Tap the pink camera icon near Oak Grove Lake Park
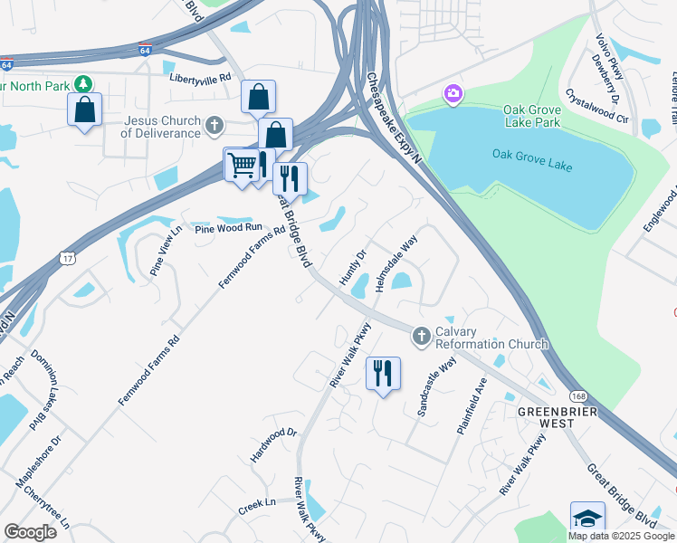[452, 93]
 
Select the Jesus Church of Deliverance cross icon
[215, 125]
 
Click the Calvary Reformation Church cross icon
[421, 337]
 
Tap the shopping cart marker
[241, 165]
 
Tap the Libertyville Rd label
[201, 79]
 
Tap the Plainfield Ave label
[472, 406]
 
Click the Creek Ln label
[258, 503]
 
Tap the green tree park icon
[84, 84]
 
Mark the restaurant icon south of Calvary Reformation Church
[383, 372]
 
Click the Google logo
[30, 532]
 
